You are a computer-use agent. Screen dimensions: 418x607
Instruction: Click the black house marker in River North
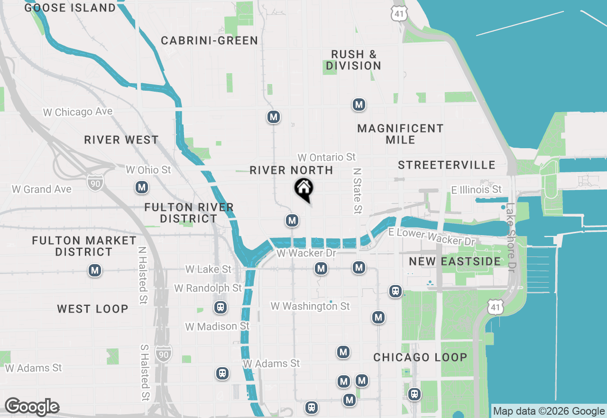(303, 189)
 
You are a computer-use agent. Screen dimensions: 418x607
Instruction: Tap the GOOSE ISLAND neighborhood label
(70, 8)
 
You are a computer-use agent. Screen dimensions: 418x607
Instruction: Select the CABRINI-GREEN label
(209, 41)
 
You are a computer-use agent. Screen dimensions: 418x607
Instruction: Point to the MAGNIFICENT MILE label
(400, 134)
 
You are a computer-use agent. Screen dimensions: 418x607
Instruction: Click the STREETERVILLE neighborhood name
(447, 165)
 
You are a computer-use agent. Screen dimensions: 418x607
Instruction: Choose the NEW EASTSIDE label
(455, 262)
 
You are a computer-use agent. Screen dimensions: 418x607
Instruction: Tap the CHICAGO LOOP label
(420, 357)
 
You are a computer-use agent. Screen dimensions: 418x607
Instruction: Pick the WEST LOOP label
(92, 309)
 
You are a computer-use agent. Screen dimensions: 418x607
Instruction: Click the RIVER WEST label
(121, 140)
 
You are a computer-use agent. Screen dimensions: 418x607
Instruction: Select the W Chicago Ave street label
(78, 112)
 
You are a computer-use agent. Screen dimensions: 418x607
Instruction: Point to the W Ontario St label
(326, 157)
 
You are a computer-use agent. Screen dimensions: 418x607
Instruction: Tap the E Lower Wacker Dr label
(432, 237)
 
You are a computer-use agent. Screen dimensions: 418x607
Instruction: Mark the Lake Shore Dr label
(510, 237)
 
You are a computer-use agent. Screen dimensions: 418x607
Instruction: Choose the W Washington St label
(310, 306)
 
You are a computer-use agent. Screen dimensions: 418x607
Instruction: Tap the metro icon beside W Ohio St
(141, 188)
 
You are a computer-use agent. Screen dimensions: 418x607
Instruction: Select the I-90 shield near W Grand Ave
(95, 182)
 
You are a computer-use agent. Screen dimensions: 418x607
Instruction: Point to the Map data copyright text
(549, 411)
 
